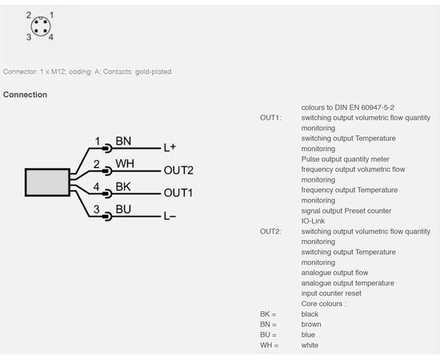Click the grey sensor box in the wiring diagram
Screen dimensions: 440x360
tap(47, 182)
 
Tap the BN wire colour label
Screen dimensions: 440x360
tap(123, 141)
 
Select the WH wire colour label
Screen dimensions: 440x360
tap(125, 164)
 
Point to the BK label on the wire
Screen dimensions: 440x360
tap(123, 186)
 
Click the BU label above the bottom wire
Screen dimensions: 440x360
tap(123, 210)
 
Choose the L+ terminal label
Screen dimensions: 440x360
tap(170, 147)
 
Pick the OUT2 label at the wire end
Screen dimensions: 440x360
tap(178, 170)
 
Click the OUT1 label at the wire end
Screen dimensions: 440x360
tap(178, 193)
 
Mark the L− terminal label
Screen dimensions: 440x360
tap(170, 216)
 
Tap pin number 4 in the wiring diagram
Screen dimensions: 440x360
tap(96, 186)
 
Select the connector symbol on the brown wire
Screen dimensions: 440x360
tap(107, 148)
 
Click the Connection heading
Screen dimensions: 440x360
tap(26, 94)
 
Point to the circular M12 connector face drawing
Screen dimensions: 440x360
tap(41, 26)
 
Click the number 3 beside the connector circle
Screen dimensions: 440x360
tap(29, 37)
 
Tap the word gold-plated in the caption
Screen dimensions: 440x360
tap(154, 72)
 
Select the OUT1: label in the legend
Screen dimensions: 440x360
tap(270, 118)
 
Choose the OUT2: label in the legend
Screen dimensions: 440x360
tap(270, 231)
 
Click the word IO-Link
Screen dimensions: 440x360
tap(313, 221)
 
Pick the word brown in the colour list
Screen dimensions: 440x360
tap(311, 324)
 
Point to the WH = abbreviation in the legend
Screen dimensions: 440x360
tap(270, 345)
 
